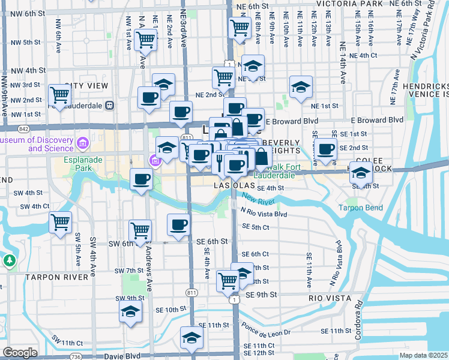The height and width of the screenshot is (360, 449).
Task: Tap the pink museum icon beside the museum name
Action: [x=82, y=143]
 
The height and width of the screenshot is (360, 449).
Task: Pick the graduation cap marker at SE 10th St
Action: [x=130, y=312]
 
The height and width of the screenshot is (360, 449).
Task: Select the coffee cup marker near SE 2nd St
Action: [x=326, y=149]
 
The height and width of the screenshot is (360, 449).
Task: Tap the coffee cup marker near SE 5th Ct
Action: [x=178, y=224]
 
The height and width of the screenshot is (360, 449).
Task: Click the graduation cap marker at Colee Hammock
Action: [x=360, y=173]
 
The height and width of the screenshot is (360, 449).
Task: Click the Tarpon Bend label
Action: [x=360, y=208]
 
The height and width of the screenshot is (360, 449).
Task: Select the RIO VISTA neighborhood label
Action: [x=325, y=298]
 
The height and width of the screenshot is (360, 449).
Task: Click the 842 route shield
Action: [x=23, y=128]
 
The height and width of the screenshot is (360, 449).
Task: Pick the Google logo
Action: [x=20, y=353]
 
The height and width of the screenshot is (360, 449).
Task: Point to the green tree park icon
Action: [x=9, y=260]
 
